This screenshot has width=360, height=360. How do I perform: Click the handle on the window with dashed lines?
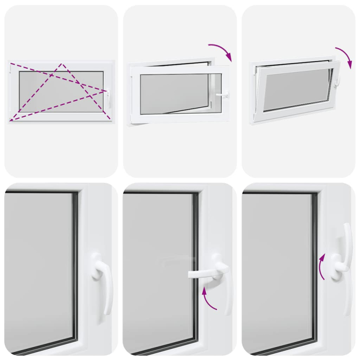pos(109,96)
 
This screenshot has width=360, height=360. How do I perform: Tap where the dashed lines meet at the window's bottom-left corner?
pos(11,120)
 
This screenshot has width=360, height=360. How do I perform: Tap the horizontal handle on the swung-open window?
pos(222,95)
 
